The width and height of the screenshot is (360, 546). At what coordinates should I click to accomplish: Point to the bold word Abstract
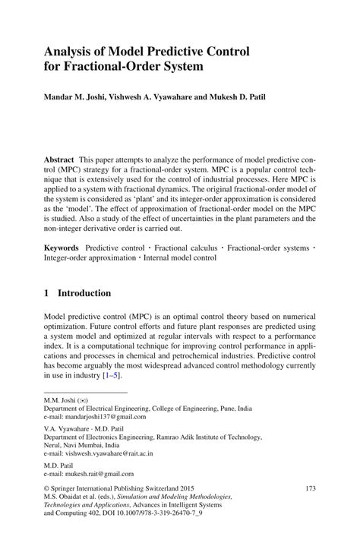[x=58, y=160]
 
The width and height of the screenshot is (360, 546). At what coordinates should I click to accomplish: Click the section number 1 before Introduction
[x=46, y=293]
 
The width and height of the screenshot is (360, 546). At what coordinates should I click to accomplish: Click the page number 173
[x=309, y=489]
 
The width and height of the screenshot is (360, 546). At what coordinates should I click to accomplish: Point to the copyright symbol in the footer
[x=46, y=489]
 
